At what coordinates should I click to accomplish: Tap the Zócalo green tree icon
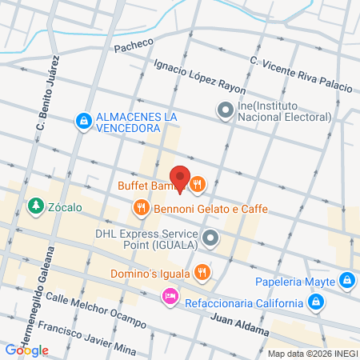(35, 207)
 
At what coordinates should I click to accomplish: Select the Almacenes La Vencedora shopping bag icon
(82, 121)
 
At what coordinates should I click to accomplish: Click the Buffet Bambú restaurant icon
(198, 185)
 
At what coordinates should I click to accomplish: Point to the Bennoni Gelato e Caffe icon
(142, 208)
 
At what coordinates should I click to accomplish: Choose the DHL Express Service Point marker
(210, 237)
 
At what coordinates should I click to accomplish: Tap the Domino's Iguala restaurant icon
(202, 271)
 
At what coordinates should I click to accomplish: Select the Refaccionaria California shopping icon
(317, 302)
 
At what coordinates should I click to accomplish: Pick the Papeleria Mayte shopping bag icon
(346, 280)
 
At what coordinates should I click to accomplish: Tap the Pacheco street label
(132, 47)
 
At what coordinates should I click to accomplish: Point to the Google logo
(26, 350)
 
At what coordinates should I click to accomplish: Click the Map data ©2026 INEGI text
(312, 354)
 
